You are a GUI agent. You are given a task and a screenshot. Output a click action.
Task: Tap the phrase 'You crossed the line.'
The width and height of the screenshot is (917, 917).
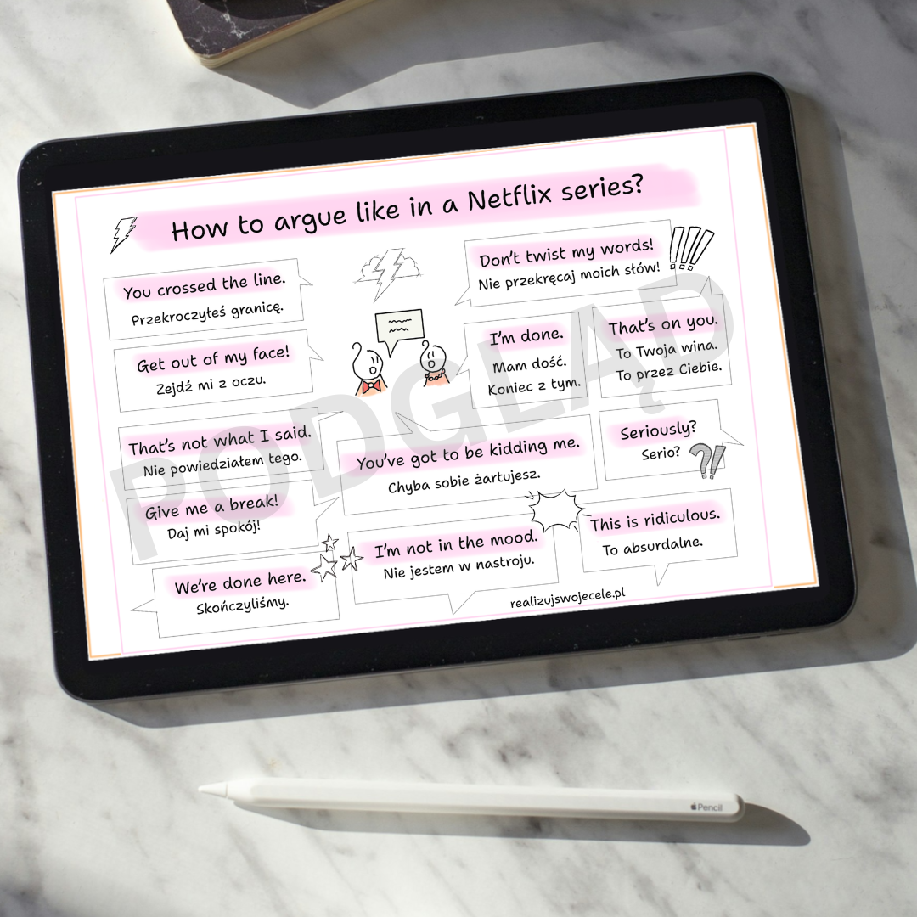[204, 285]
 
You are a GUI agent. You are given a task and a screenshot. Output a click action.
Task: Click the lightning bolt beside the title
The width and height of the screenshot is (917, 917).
[123, 234]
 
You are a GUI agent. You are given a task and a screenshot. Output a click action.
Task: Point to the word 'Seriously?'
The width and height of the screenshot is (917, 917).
[659, 430]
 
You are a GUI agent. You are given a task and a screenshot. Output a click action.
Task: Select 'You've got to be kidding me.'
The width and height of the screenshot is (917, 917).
[468, 453]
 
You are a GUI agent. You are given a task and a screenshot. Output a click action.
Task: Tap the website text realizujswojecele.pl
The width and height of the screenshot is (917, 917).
[567, 597]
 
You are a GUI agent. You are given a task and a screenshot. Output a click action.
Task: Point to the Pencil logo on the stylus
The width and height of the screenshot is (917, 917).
[706, 807]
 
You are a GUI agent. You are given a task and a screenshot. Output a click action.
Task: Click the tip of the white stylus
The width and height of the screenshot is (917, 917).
[200, 788]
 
